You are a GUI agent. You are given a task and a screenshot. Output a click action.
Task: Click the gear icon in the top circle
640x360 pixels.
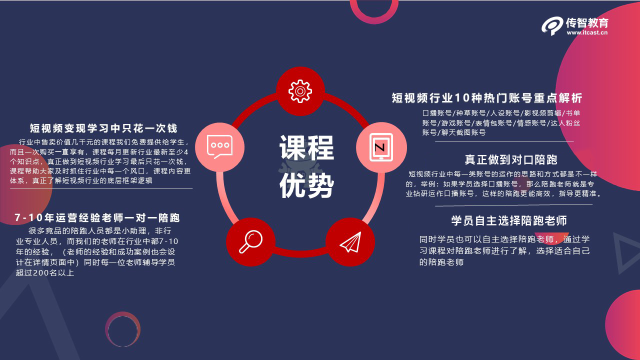pos(300,91)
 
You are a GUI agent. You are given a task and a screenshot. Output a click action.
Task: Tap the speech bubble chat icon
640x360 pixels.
pos(219,147)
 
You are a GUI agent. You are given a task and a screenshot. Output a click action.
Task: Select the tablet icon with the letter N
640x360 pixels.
pos(381,147)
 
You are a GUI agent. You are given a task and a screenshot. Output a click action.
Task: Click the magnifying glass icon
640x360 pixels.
pos(250,241)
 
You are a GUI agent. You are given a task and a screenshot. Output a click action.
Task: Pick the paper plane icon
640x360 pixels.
pos(350,242)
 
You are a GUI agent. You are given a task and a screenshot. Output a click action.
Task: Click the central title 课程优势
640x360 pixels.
pos(306,166)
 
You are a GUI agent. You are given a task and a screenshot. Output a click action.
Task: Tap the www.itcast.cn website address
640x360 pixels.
pos(587,32)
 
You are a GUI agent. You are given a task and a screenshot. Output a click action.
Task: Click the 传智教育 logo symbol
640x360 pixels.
pos(552,26)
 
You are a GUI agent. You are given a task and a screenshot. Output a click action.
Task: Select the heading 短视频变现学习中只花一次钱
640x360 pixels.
pos(103,128)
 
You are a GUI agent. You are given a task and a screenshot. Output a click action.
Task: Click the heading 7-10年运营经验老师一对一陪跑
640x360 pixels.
pos(97,218)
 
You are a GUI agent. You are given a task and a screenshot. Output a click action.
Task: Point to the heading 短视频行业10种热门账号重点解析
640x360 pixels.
pos(487,98)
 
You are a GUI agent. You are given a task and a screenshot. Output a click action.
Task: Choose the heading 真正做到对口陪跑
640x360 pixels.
pos(511,159)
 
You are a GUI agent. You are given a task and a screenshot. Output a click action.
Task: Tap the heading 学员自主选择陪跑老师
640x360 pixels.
pos(509,220)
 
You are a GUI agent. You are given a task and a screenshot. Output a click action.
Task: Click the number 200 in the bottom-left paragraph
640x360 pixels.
pos(41,273)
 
